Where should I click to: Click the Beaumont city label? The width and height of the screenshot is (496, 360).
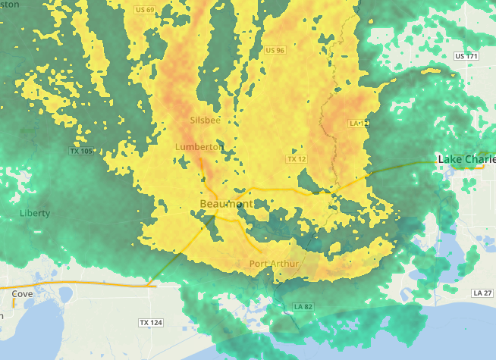pyautogui.click(x=226, y=205)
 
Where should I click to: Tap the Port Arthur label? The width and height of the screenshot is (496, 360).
pyautogui.click(x=275, y=264)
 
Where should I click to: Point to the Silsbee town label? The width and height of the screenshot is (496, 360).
pyautogui.click(x=205, y=120)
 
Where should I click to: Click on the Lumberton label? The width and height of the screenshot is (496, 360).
pyautogui.click(x=199, y=146)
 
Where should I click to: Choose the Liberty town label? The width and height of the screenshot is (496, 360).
pyautogui.click(x=35, y=214)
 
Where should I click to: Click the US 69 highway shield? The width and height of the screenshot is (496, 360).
pyautogui.click(x=145, y=9)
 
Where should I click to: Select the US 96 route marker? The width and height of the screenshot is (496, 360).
pyautogui.click(x=275, y=50)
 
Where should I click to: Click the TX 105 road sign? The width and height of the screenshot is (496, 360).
pyautogui.click(x=80, y=151)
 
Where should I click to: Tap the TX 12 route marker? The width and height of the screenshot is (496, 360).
pyautogui.click(x=297, y=159)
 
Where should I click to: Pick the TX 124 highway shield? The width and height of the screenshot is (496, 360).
pyautogui.click(x=151, y=323)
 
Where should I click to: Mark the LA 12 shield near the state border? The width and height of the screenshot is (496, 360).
pyautogui.click(x=358, y=123)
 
